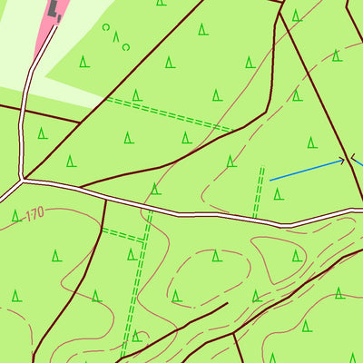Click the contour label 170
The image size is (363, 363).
coord(34,214)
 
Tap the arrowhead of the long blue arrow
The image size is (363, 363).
coord(343,161)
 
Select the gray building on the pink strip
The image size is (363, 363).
coord(55,10)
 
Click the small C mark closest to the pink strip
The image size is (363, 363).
coord(105,28)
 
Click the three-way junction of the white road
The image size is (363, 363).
coord(20,181)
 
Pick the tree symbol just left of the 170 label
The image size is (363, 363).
coord(15,216)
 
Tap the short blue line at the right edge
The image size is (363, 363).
coord(358,162)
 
